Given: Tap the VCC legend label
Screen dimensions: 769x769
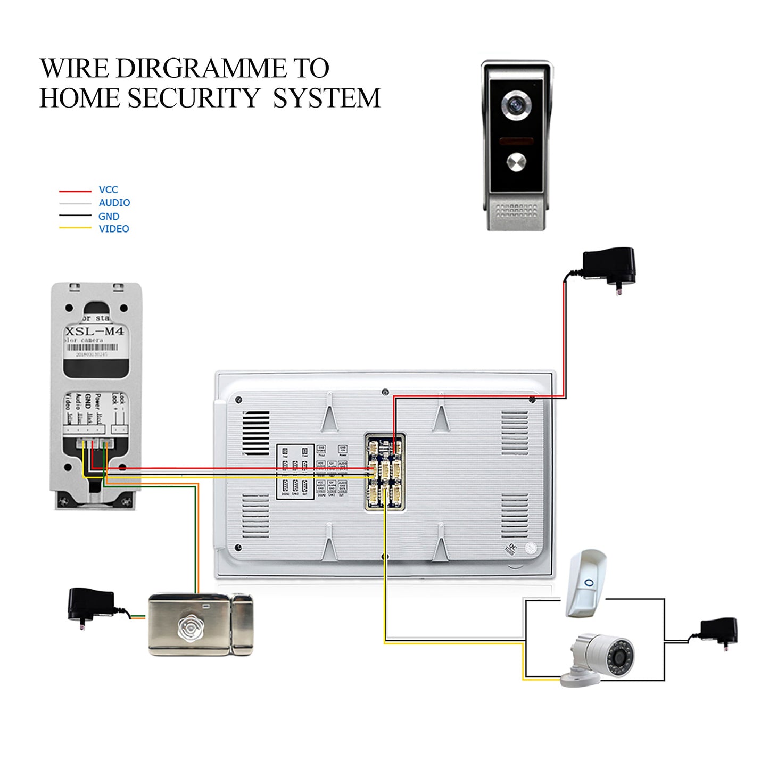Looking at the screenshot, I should [x=108, y=189].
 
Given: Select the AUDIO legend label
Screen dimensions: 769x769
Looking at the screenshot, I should [x=114, y=203].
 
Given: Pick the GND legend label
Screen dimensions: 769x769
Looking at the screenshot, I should [x=109, y=216].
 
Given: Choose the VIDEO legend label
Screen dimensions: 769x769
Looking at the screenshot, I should [x=113, y=229].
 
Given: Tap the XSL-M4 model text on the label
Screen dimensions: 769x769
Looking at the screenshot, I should [x=94, y=331].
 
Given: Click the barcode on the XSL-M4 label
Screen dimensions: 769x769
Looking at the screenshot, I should [x=92, y=347].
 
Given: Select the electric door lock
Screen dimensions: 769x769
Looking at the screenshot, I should [x=201, y=624].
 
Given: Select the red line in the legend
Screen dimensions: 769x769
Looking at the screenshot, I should [x=75, y=191].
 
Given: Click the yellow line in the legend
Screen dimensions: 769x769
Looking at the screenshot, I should [x=75, y=228].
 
